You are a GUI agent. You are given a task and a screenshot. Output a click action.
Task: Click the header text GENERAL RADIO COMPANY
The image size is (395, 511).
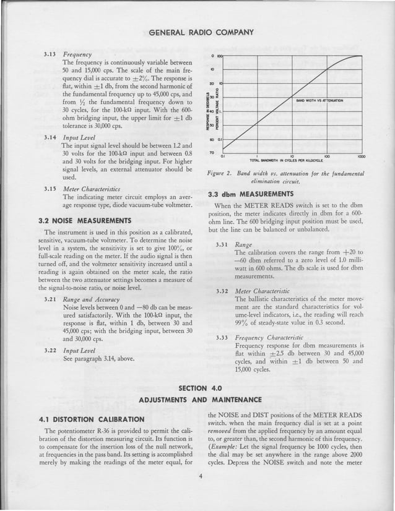[x=202, y=32]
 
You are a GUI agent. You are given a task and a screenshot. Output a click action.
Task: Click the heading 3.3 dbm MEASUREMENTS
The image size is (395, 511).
[x=250, y=194]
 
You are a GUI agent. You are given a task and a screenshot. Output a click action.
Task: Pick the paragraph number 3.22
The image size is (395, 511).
[x=50, y=350]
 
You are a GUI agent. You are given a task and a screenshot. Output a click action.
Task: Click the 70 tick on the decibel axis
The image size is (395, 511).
[x=211, y=152]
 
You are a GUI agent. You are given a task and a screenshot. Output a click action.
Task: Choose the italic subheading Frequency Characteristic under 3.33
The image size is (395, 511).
[x=268, y=337]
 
